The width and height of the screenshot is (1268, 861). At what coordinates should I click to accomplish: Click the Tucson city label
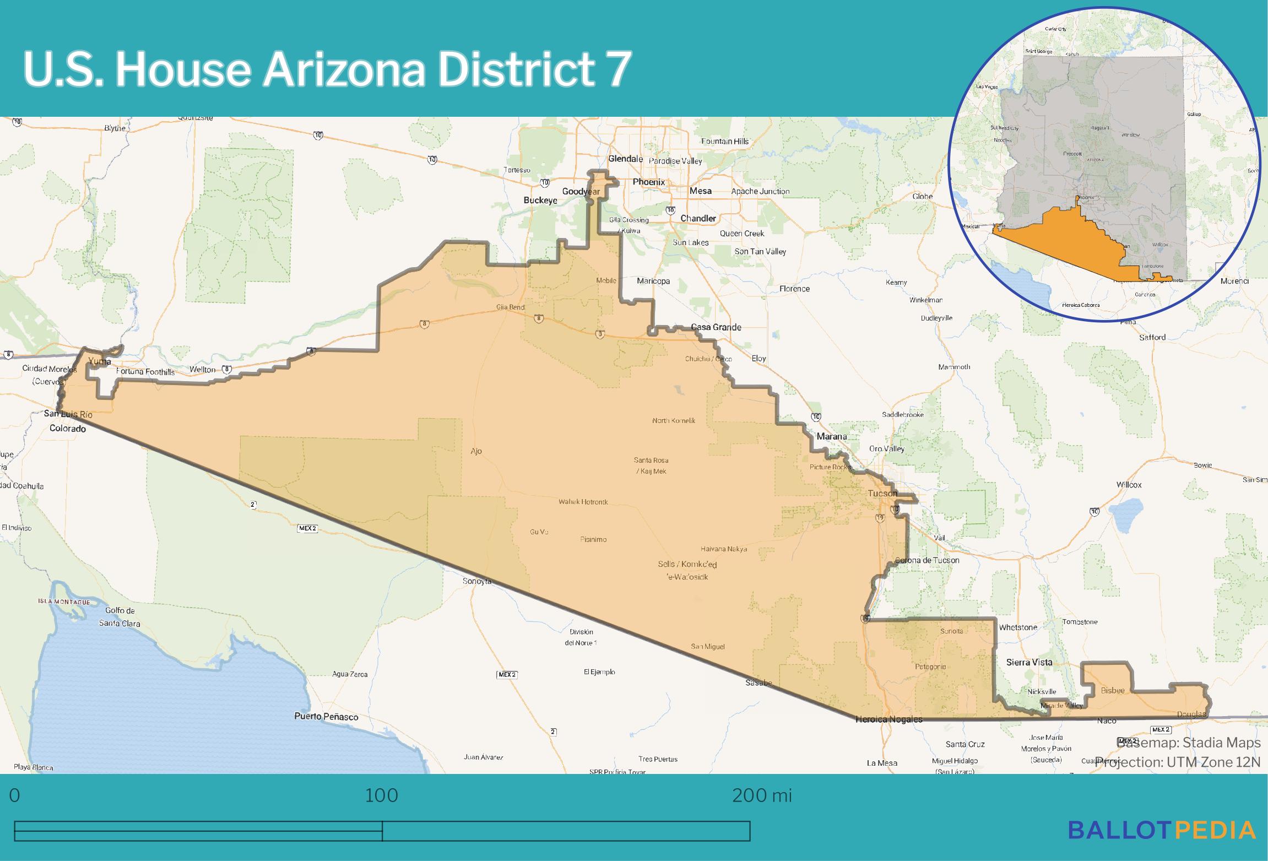pyautogui.click(x=882, y=493)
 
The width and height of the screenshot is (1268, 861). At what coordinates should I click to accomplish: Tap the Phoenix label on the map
pyautogui.click(x=648, y=182)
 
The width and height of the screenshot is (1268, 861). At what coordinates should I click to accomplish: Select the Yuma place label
pyautogui.click(x=99, y=361)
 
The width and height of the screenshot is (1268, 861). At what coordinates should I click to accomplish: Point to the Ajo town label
pyautogui.click(x=476, y=451)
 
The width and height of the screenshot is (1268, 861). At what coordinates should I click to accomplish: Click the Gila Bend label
pyautogui.click(x=510, y=307)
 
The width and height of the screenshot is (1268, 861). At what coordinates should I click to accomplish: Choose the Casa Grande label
pyautogui.click(x=716, y=327)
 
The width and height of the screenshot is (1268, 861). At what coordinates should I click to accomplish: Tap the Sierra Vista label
pyautogui.click(x=1029, y=662)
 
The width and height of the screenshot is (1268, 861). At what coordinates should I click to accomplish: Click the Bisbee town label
pyautogui.click(x=1112, y=690)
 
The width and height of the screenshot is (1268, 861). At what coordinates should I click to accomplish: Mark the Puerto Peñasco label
pyautogui.click(x=326, y=717)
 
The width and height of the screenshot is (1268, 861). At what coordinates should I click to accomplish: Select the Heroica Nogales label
pyautogui.click(x=888, y=719)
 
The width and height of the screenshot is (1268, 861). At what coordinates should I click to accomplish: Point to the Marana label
pyautogui.click(x=831, y=436)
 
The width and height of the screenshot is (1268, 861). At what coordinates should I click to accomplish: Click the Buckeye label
pyautogui.click(x=540, y=201)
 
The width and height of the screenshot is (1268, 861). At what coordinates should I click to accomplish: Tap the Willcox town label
pyautogui.click(x=1129, y=485)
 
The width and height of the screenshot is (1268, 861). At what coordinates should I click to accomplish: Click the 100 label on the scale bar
pyautogui.click(x=381, y=795)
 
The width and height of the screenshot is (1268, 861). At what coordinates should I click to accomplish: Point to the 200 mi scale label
pyautogui.click(x=761, y=795)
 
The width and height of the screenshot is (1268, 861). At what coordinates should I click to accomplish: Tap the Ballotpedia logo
pyautogui.click(x=1162, y=830)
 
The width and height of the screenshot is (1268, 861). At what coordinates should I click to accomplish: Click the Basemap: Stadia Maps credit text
pyautogui.click(x=1188, y=743)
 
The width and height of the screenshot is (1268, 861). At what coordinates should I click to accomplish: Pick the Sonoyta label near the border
pyautogui.click(x=476, y=581)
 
